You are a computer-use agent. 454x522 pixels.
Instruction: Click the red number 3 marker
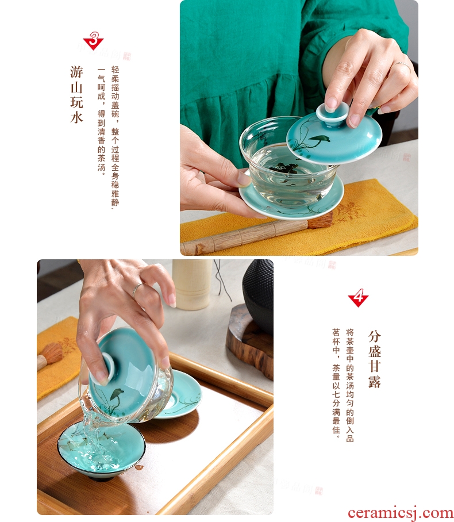94,41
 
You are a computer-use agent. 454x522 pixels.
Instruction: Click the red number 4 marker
358,298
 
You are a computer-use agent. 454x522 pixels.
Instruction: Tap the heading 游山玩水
76,94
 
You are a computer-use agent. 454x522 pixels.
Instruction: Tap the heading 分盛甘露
375,359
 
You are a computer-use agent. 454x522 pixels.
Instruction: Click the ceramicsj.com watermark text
401,513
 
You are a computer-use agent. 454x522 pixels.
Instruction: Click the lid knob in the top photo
332,114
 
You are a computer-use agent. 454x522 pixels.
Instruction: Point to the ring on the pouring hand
137,289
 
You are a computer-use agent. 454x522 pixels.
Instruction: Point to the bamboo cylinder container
193,283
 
